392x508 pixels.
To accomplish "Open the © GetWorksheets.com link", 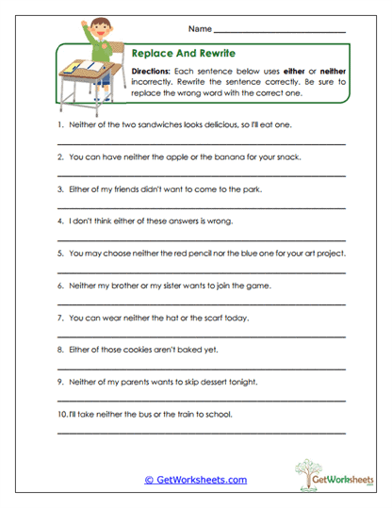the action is pyautogui.click(x=195, y=480).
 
